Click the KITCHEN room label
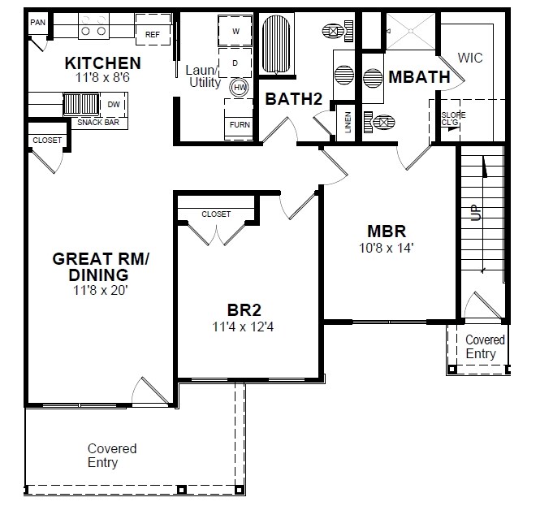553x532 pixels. coord(103,63)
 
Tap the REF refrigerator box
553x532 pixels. coord(153,35)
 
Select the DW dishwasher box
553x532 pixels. coord(114,104)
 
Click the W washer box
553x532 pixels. coord(236,31)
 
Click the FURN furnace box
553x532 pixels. coord(240,124)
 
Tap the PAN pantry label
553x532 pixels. coord(37,23)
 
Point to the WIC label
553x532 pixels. coord(471,58)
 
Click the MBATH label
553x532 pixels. coord(419,78)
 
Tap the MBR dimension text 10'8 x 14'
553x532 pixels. coord(386,248)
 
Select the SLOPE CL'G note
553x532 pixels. coord(453,119)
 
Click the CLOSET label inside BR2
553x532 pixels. coord(216,214)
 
